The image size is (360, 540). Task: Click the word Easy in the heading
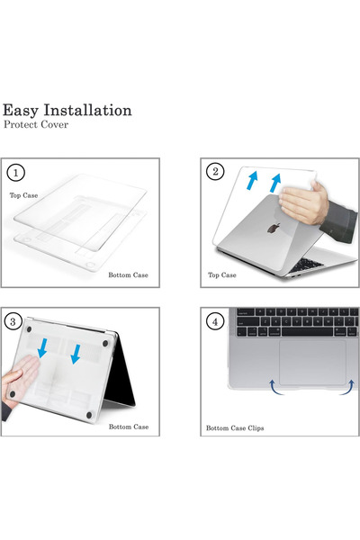21,112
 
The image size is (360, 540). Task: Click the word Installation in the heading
87,110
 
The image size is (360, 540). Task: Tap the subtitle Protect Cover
36,124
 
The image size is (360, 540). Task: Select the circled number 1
15,172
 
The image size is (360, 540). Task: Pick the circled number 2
215,171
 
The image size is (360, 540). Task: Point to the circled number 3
13,321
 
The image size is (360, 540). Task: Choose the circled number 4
215,322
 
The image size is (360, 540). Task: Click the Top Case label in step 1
23,195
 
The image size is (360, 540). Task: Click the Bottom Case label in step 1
128,274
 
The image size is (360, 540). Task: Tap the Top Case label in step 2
222,274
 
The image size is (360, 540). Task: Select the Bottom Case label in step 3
129,427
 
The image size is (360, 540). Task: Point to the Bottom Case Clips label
235,428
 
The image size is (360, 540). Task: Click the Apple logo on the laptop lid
274,228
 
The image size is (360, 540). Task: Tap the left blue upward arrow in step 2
252,181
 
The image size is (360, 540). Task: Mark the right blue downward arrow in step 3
76,354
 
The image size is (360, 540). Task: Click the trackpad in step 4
312,363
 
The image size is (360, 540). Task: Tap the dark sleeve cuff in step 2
339,221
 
